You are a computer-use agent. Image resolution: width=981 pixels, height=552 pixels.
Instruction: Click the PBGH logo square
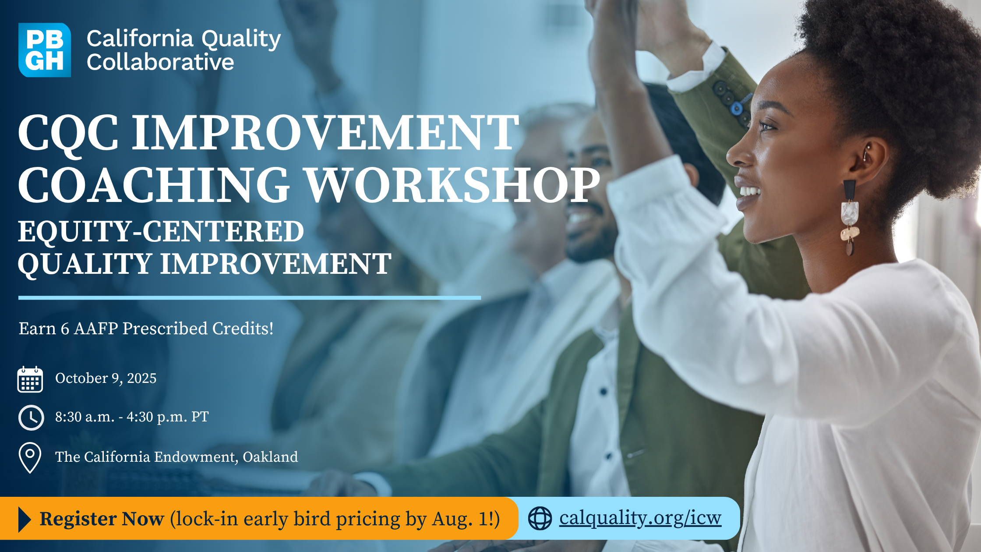point(45,50)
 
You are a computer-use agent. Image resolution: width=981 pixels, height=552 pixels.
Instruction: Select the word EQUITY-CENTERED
point(161,231)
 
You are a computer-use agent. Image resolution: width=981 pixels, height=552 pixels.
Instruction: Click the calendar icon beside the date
point(30,379)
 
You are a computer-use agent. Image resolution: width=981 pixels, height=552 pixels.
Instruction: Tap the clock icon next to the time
point(31,418)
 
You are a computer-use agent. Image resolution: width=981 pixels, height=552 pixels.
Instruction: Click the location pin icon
point(30,458)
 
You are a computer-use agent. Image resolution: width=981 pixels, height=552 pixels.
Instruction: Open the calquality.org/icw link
point(640,518)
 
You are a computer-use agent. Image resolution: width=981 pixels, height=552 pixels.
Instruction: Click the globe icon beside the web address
point(540,518)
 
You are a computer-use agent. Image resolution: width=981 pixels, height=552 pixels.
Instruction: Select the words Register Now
point(102,519)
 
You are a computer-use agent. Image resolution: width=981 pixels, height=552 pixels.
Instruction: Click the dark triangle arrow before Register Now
point(25,519)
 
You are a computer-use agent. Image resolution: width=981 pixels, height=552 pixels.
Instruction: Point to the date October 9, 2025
point(106,378)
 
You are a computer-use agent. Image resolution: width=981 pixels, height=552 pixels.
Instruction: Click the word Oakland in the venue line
point(270,457)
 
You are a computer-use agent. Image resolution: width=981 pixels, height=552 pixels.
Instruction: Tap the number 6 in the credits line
point(65,329)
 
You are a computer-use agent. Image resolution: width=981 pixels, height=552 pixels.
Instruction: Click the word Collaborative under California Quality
point(160,62)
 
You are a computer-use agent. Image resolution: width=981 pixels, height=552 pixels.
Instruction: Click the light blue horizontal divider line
point(250,298)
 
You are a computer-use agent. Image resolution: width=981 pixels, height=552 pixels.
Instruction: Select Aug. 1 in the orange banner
point(463,519)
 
